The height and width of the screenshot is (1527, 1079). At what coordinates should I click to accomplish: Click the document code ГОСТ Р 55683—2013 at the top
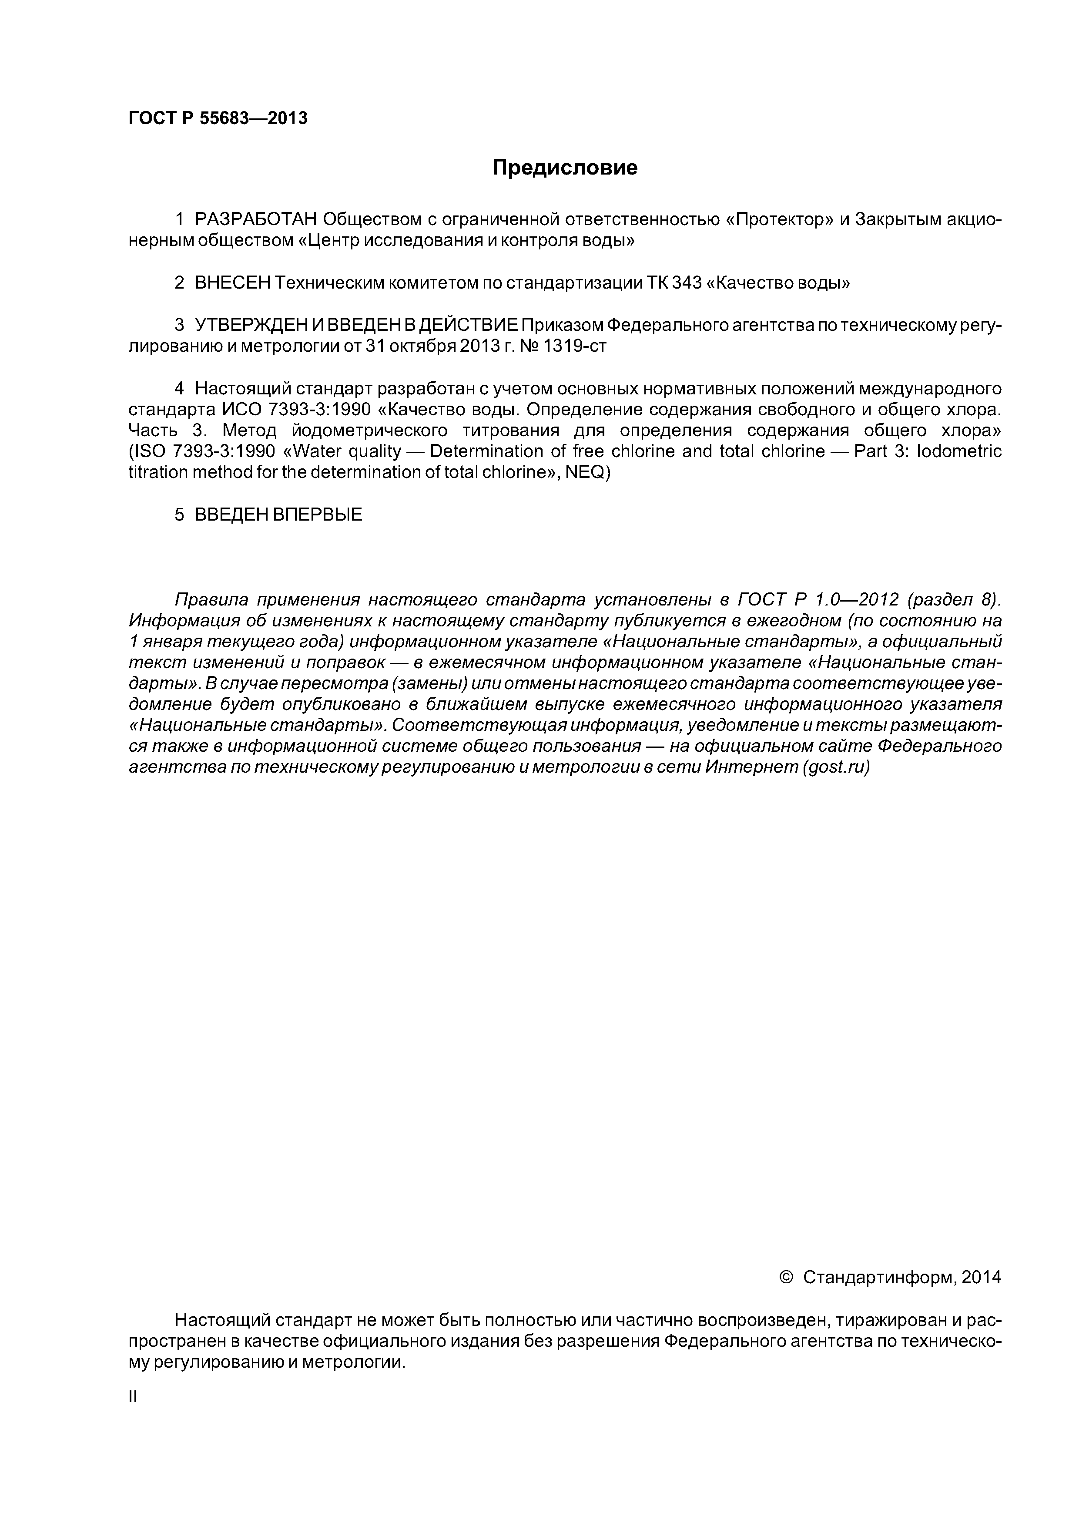(x=218, y=118)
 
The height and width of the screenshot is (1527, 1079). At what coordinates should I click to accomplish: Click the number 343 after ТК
(x=688, y=283)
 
